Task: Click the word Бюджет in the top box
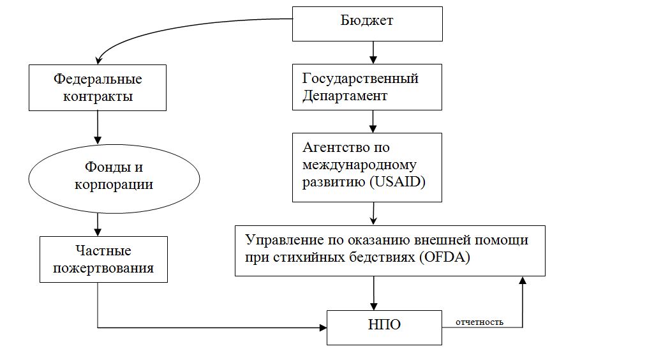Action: click(368, 21)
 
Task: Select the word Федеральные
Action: click(97, 80)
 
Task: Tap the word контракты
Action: click(97, 97)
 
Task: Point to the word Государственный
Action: click(361, 79)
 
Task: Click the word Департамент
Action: click(345, 96)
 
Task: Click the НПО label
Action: click(384, 324)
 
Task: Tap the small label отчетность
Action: click(479, 322)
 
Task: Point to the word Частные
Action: click(103, 250)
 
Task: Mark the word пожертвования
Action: click(103, 267)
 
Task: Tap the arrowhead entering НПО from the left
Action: click(322, 328)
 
